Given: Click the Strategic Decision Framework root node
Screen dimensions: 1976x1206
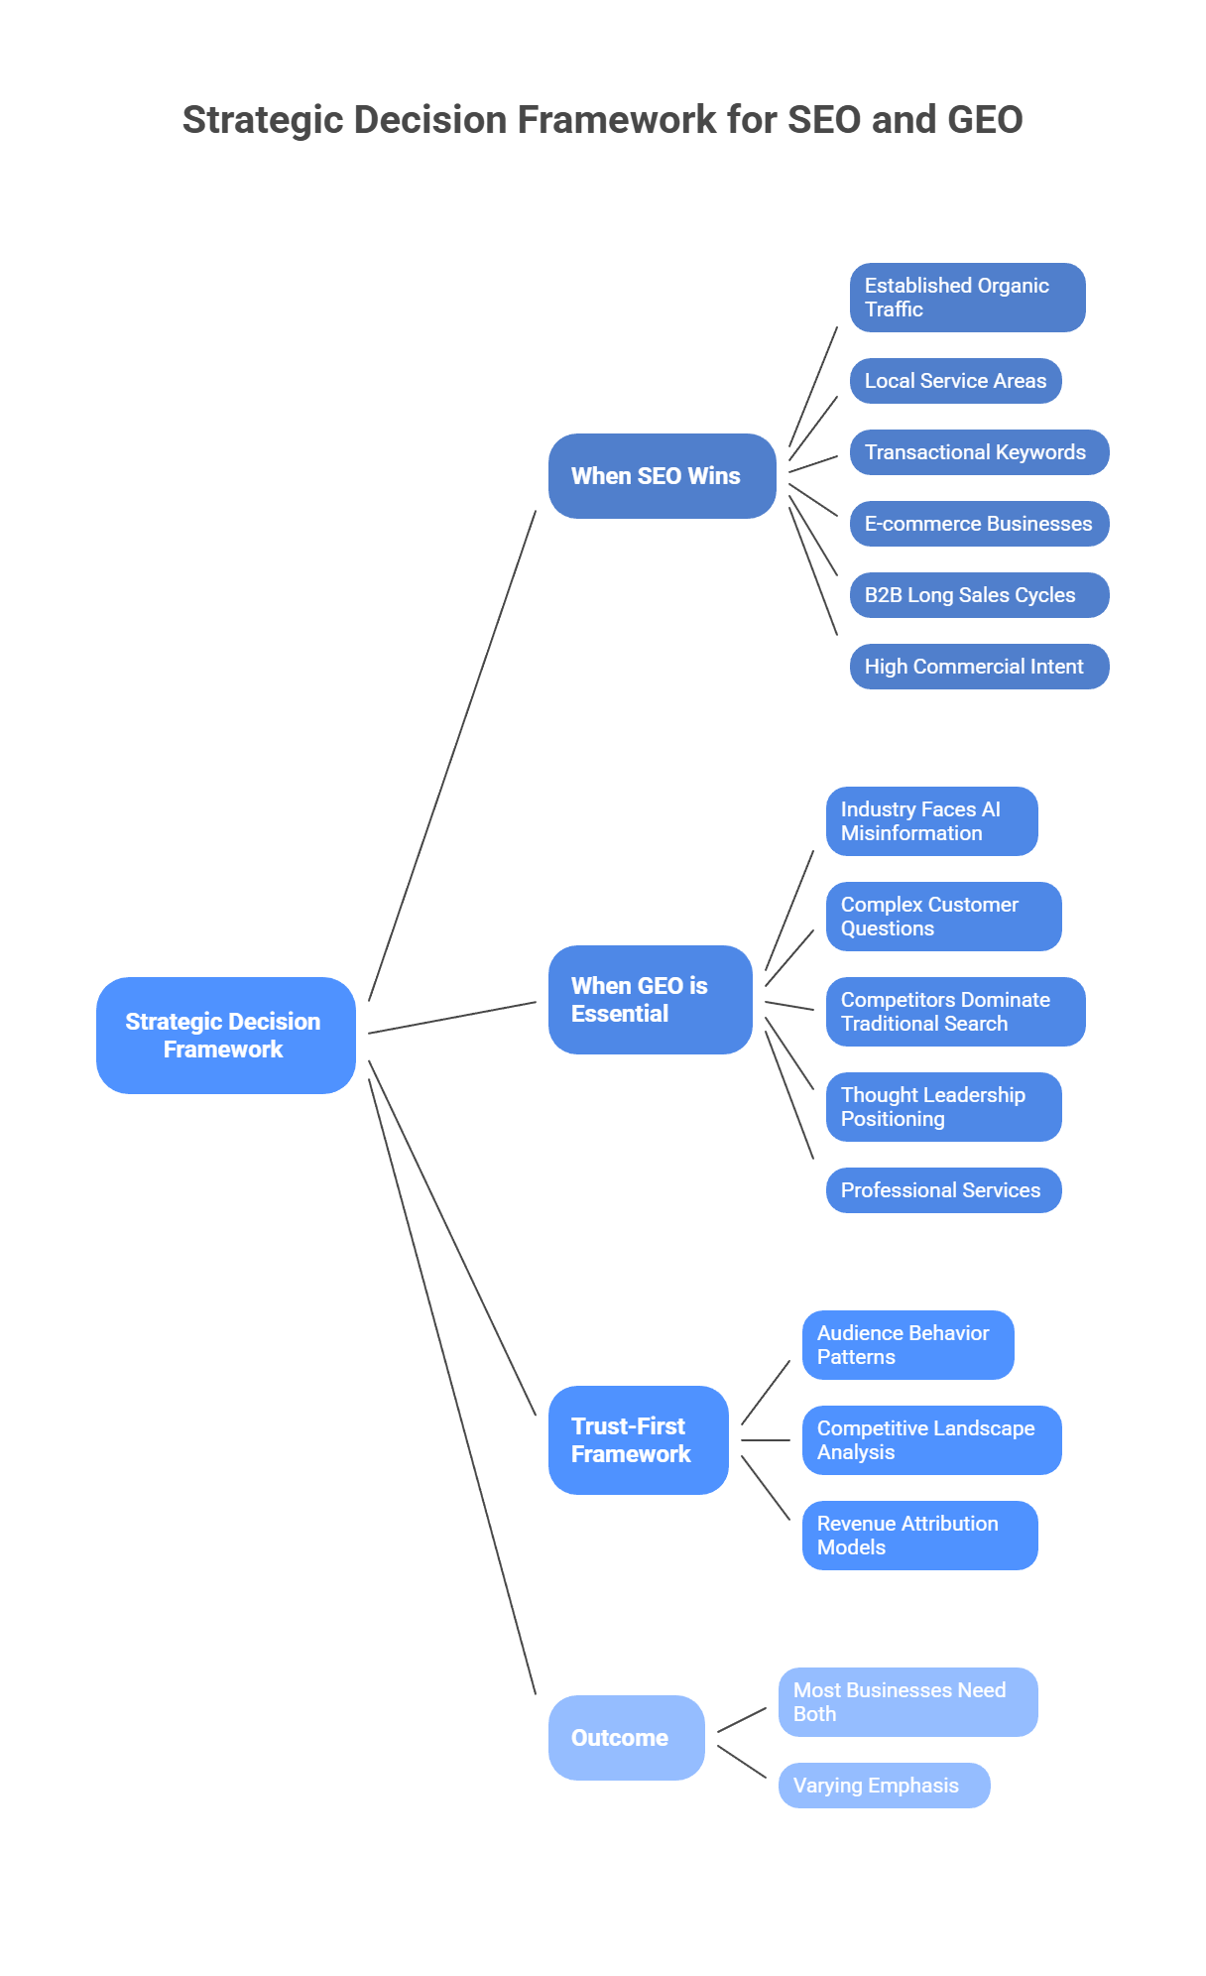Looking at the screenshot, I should (226, 1035).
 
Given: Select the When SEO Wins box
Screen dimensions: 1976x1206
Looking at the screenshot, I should (662, 476).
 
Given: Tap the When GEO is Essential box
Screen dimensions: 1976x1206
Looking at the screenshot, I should (650, 1000).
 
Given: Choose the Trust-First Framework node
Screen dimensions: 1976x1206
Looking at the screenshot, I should (638, 1440).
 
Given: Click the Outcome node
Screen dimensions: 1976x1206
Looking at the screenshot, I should (626, 1738).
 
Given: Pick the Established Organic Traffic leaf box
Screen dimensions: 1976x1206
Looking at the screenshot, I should (967, 298).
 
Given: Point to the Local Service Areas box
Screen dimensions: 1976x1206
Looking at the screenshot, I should (955, 381).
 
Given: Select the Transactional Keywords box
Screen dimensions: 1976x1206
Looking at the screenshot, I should (979, 452).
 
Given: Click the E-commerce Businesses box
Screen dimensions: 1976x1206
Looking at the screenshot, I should (979, 524).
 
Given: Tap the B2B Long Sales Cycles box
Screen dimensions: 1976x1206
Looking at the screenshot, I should (979, 595).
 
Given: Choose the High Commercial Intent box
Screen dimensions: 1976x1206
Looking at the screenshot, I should (979, 667).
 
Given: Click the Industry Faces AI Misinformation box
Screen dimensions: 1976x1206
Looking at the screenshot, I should (931, 821).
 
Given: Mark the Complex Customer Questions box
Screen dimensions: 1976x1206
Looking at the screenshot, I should (943, 917).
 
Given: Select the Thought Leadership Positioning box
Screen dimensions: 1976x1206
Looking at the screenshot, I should (943, 1107).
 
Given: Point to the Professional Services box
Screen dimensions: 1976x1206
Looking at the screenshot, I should (943, 1190).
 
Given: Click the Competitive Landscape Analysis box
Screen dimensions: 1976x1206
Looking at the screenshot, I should (931, 1440).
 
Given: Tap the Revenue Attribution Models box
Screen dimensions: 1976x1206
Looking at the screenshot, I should (919, 1536).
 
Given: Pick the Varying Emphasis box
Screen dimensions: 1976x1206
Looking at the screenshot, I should (884, 1786).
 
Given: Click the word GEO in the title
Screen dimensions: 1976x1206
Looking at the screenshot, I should (985, 120).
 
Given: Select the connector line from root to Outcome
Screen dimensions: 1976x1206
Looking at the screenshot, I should (451, 1386).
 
